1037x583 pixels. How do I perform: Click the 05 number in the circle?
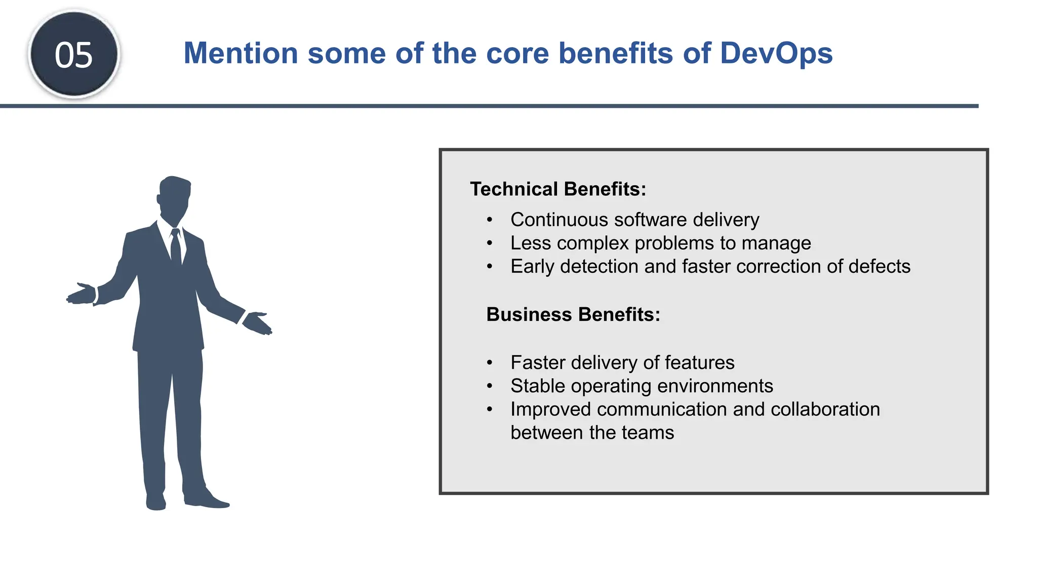74,55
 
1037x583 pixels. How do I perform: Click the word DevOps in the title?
776,53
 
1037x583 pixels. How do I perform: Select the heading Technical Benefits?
558,189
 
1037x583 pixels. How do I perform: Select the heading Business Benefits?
573,314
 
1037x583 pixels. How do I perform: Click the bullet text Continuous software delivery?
634,220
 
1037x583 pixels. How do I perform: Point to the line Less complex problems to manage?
660,243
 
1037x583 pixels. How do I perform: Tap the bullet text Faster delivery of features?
622,362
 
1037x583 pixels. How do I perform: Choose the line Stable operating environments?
642,386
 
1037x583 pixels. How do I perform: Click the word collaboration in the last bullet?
825,409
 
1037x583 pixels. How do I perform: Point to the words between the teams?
592,433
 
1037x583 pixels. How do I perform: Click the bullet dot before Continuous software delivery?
489,220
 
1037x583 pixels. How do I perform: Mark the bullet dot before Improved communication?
489,409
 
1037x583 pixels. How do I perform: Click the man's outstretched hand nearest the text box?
257,323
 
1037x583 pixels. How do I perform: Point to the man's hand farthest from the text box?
82,295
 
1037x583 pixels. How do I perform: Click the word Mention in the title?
241,53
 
